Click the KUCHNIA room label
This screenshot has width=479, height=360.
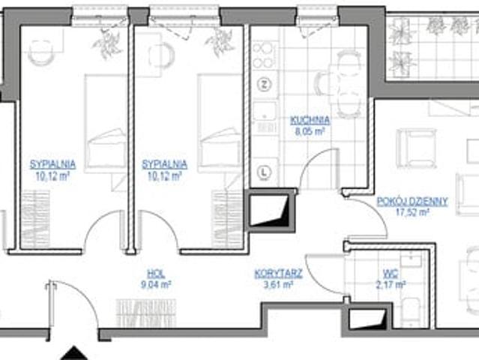[310, 120]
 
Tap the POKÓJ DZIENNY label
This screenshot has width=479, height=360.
[412, 202]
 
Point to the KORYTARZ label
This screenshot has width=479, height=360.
[279, 273]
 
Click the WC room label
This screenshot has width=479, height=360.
[391, 273]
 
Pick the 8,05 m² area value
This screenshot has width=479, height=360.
[310, 132]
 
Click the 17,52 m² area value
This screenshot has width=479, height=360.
[412, 212]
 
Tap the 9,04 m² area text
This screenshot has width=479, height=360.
[156, 284]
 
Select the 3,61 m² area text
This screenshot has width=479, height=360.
[279, 284]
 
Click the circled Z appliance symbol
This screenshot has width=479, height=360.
[265, 84]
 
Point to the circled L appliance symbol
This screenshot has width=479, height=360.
[265, 172]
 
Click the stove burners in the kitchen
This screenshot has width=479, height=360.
[263, 55]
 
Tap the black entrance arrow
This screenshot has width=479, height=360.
[73, 355]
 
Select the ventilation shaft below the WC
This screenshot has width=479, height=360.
[367, 319]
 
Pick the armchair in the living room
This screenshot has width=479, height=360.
[416, 148]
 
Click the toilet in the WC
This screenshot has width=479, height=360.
[411, 312]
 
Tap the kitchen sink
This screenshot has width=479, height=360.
[265, 111]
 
